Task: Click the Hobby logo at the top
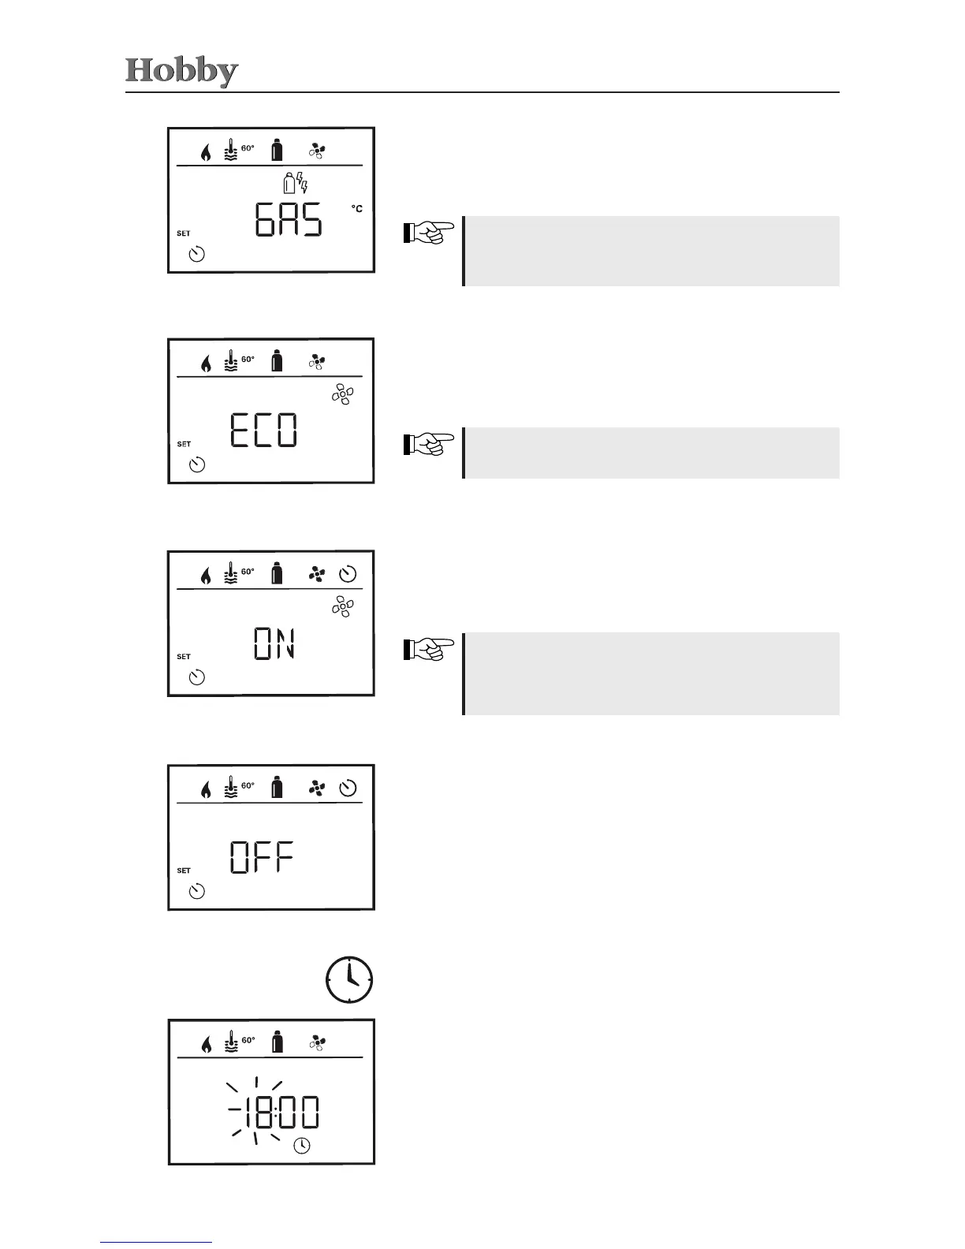pos(181,71)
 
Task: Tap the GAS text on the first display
pos(289,220)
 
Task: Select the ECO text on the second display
pos(263,431)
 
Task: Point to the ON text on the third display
pos(274,643)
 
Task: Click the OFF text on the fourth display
pos(262,857)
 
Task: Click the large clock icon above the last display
pos(349,980)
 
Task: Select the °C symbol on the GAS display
pos(357,209)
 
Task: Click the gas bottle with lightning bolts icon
pos(295,184)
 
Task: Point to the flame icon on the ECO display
pos(206,364)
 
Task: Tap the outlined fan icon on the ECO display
pos(343,395)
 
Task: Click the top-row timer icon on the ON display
pos(348,575)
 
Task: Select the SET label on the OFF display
pos(184,871)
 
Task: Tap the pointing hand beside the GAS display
pos(429,232)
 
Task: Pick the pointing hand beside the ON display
pos(429,648)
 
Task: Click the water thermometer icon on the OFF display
pos(230,788)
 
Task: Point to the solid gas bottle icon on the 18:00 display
pos(277,1042)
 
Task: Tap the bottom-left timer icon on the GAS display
pos(197,254)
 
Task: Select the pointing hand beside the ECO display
pos(429,444)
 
